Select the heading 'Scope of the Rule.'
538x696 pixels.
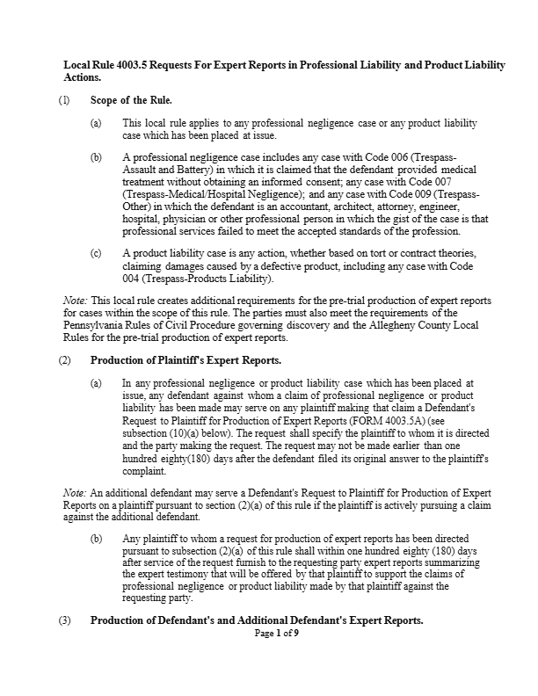pyautogui.click(x=131, y=100)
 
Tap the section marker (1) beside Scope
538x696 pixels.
pyautogui.click(x=64, y=100)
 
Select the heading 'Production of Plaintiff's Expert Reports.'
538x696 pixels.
pyautogui.click(x=198, y=360)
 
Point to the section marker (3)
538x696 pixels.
pyautogui.click(x=64, y=620)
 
